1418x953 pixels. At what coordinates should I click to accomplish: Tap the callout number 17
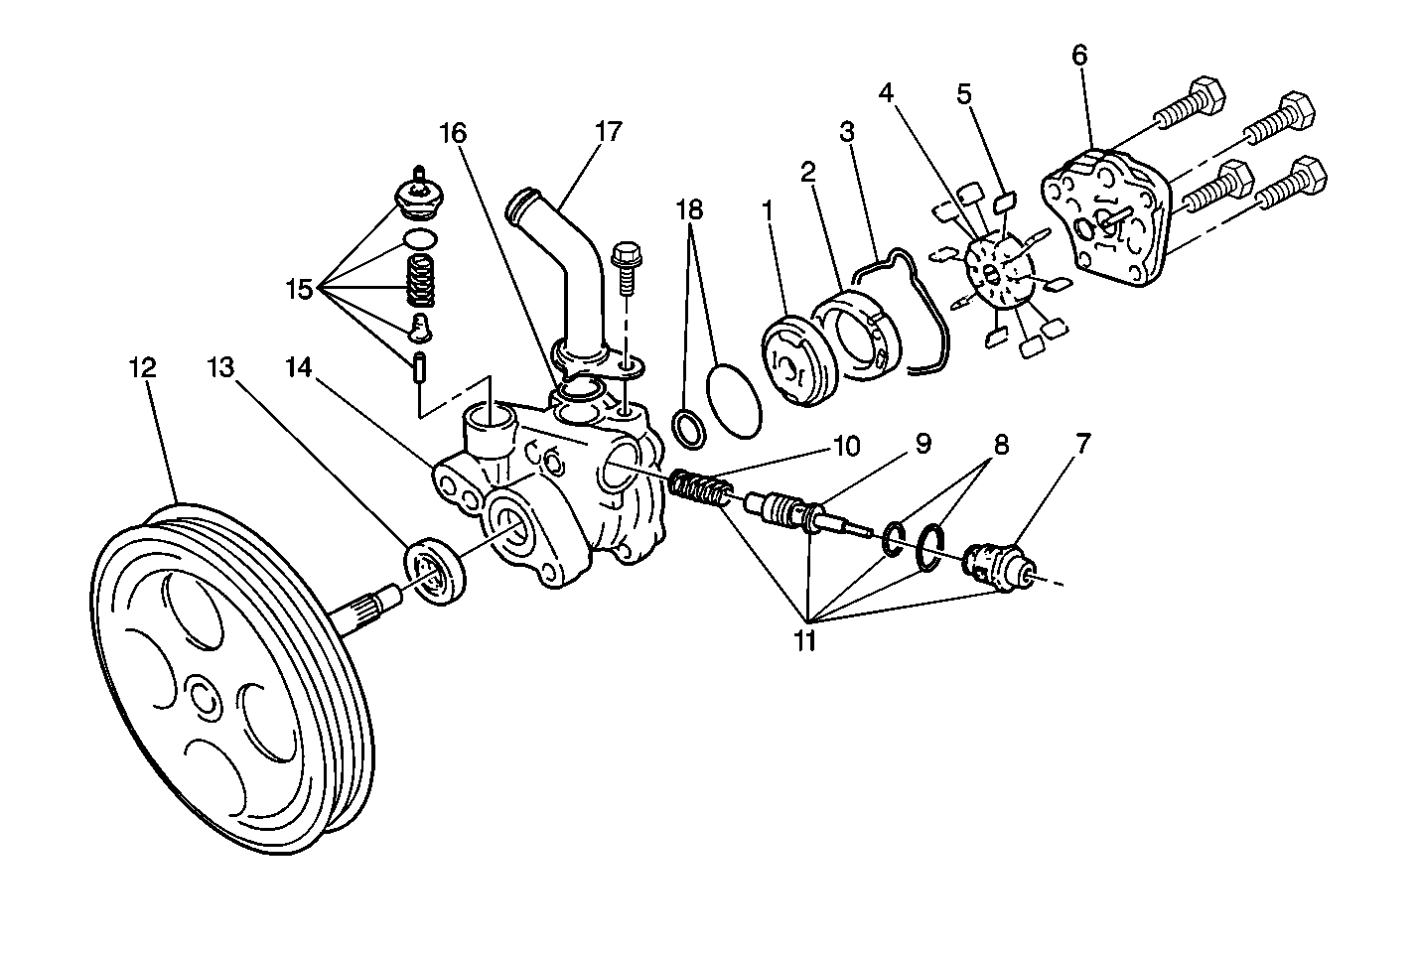608,131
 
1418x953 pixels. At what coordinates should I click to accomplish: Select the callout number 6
1078,56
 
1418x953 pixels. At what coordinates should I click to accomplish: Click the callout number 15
299,290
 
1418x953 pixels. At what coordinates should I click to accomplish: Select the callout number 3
846,131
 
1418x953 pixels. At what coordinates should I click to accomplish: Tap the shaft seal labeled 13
435,569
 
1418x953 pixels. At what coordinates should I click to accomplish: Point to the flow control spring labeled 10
701,489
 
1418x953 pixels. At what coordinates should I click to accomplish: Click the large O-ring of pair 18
736,400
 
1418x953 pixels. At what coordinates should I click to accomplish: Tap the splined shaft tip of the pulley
372,608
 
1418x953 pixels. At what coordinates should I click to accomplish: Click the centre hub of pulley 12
204,698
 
